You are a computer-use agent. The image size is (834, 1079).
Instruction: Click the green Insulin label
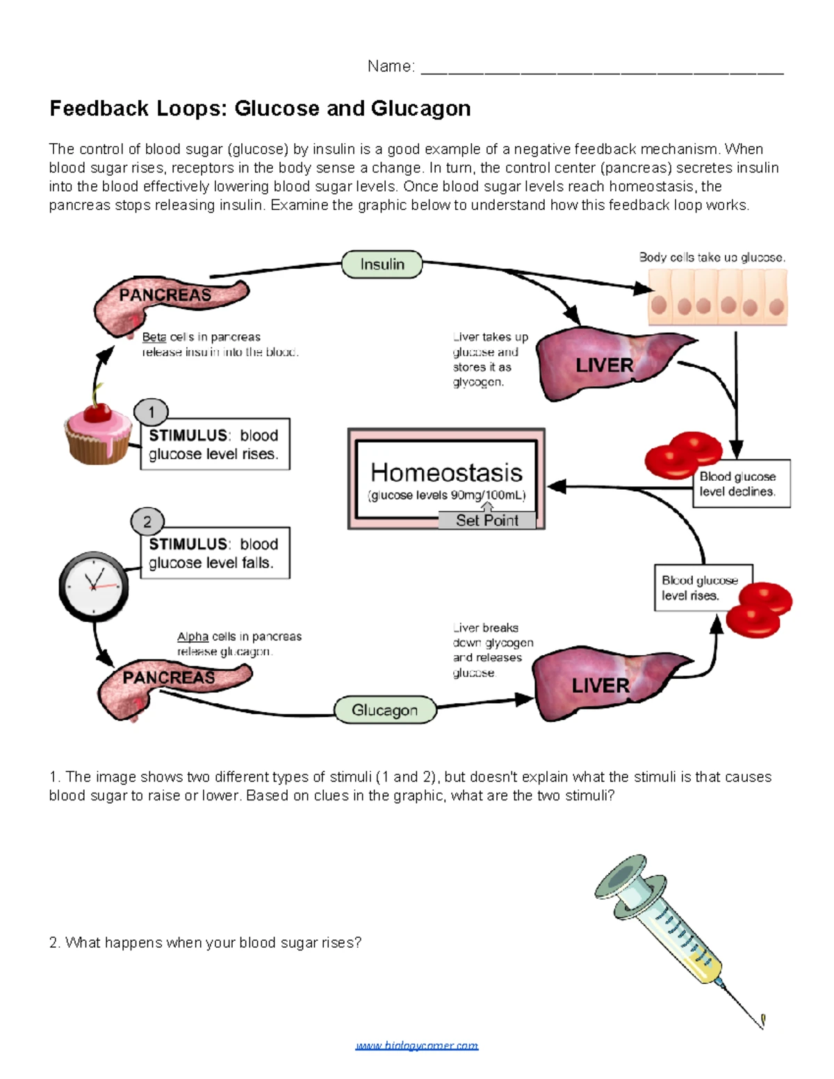tap(382, 265)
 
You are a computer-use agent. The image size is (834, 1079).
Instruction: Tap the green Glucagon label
tap(385, 710)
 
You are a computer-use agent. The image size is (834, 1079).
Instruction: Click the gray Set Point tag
tap(486, 520)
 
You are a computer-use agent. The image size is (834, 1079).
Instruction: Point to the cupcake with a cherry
tap(97, 431)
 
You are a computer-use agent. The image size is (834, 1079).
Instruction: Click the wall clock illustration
tap(93, 586)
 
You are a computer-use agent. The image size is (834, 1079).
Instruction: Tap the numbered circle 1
tap(151, 412)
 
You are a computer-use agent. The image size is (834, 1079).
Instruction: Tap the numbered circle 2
tap(147, 521)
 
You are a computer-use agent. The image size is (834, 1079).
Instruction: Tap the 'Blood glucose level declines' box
tap(742, 484)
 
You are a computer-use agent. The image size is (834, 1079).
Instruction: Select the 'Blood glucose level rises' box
tap(702, 588)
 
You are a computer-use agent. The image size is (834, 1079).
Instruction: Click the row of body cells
tap(717, 298)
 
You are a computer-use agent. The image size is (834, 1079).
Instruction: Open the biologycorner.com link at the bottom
tap(416, 1046)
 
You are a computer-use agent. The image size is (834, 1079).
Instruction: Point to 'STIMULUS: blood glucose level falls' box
tap(215, 553)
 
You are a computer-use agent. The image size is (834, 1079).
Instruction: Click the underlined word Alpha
tap(193, 636)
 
